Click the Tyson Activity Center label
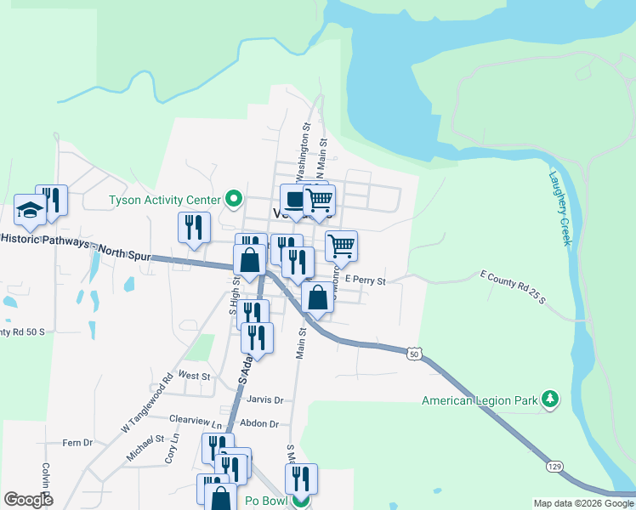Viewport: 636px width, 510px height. [164, 201]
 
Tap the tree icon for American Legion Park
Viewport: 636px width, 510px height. [550, 399]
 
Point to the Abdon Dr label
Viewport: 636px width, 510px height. [260, 422]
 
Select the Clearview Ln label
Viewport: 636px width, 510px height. [196, 419]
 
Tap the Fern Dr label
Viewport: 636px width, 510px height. [77, 443]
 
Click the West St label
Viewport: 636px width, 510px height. [194, 375]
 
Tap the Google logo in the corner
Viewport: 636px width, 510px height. [28, 499]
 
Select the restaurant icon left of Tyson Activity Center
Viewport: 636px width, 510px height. [194, 227]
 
